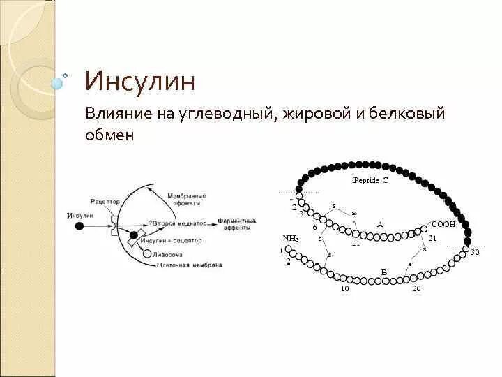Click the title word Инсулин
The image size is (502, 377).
(x=139, y=81)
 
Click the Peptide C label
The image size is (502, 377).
(x=370, y=179)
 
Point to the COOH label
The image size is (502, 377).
(x=444, y=224)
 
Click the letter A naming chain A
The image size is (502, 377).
(x=380, y=225)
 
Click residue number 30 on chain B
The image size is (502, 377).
(x=475, y=252)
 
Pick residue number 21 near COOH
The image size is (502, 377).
(x=432, y=239)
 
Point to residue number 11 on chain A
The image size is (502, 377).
(x=356, y=244)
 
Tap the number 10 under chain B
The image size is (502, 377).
(x=344, y=288)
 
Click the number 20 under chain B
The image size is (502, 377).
(x=416, y=288)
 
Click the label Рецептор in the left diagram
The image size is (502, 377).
(x=105, y=201)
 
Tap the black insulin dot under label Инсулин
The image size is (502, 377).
(x=79, y=226)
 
